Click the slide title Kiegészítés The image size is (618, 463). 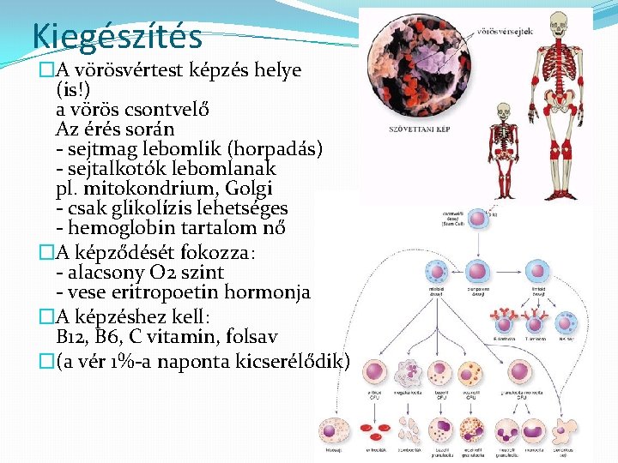pos(117,37)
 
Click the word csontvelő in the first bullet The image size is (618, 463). pos(164,110)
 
